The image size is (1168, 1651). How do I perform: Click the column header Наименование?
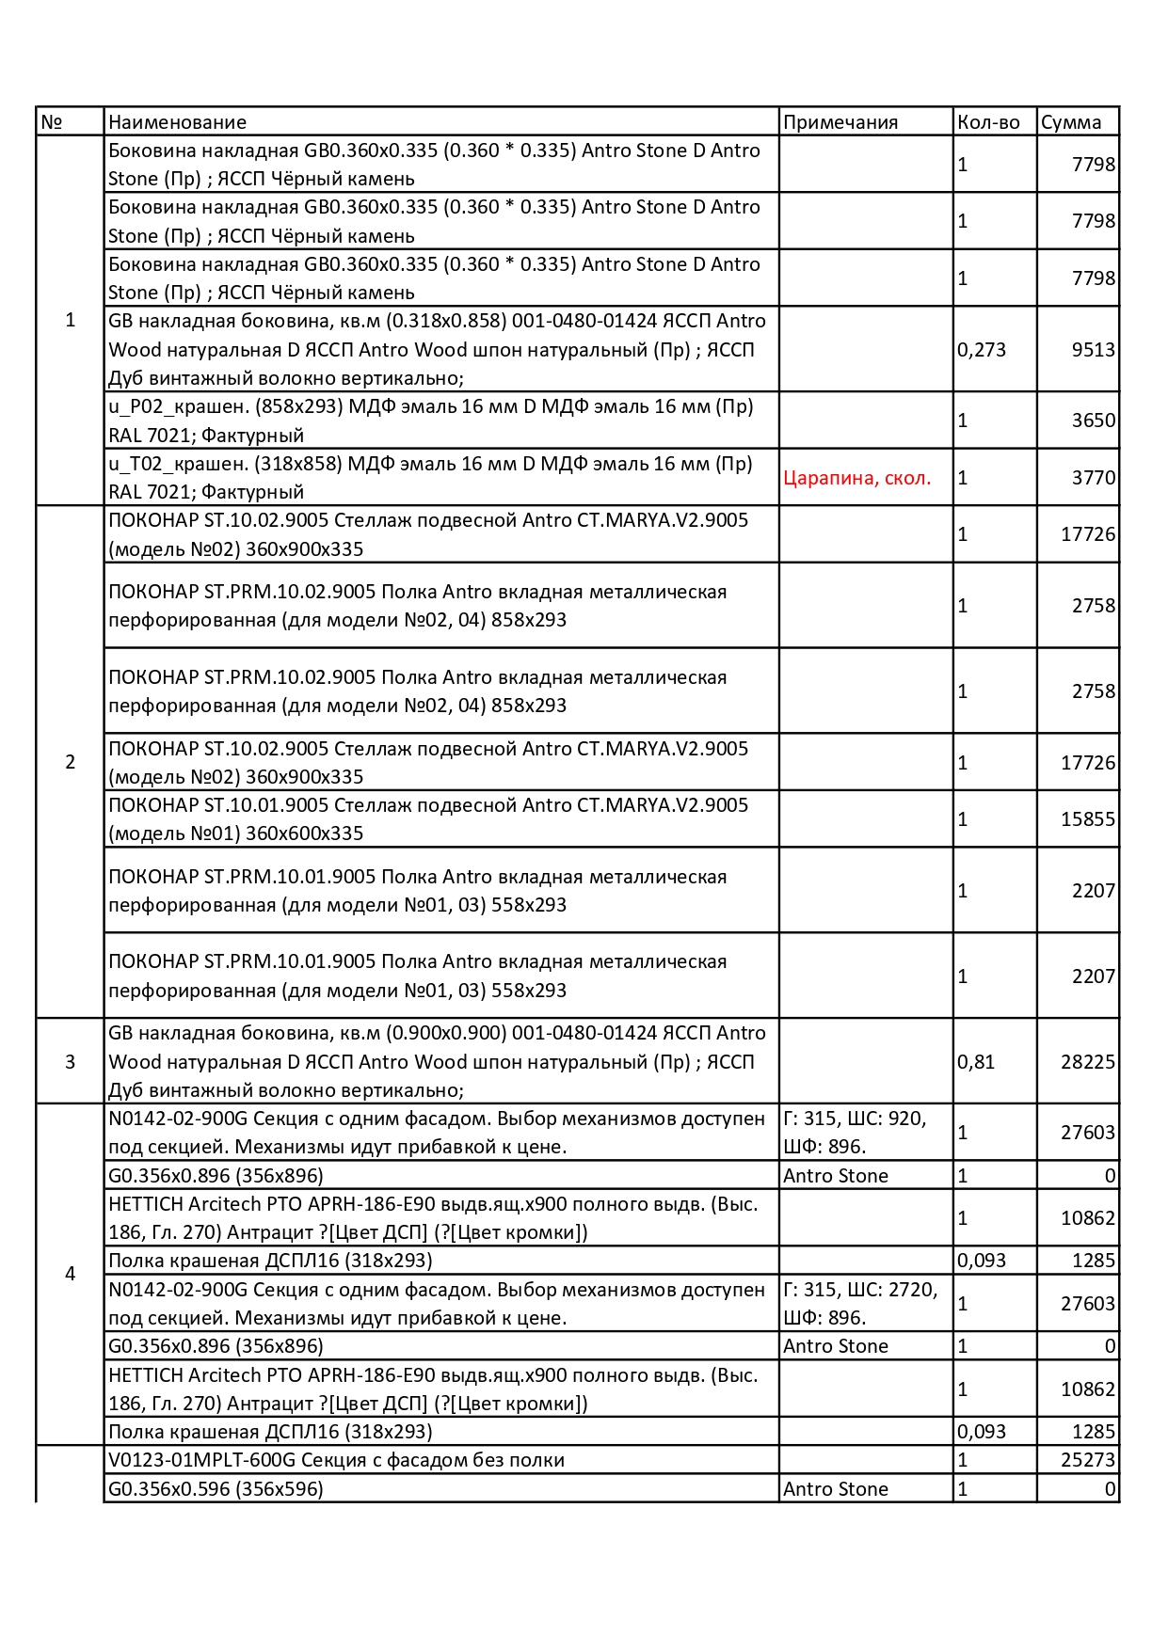pyautogui.click(x=177, y=122)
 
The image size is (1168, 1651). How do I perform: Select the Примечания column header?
pyautogui.click(x=840, y=122)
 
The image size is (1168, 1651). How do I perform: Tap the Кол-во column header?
pyautogui.click(x=988, y=122)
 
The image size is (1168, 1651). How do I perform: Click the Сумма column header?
pyautogui.click(x=1071, y=122)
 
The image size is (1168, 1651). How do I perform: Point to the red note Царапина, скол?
pyautogui.click(x=856, y=478)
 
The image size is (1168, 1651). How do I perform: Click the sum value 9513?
pyautogui.click(x=1094, y=350)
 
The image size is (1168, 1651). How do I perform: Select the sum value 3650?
pyautogui.click(x=1094, y=421)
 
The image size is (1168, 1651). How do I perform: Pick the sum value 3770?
pyautogui.click(x=1094, y=478)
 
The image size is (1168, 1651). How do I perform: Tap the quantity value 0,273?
pyautogui.click(x=982, y=350)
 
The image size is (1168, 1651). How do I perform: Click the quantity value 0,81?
pyautogui.click(x=976, y=1062)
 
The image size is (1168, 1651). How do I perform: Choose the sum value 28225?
pyautogui.click(x=1088, y=1062)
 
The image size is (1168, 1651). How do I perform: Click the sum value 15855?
pyautogui.click(x=1088, y=819)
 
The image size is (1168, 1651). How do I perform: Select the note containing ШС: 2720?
pyautogui.click(x=860, y=1303)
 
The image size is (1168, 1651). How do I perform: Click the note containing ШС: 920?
pyautogui.click(x=855, y=1133)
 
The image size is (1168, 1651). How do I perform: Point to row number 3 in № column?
pyautogui.click(x=70, y=1062)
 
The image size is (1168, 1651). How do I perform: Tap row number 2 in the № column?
pyautogui.click(x=70, y=762)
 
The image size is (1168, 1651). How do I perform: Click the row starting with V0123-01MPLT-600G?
pyautogui.click(x=336, y=1460)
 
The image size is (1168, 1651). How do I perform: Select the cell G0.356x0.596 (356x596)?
pyautogui.click(x=216, y=1489)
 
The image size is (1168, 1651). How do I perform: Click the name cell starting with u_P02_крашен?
pyautogui.click(x=430, y=421)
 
